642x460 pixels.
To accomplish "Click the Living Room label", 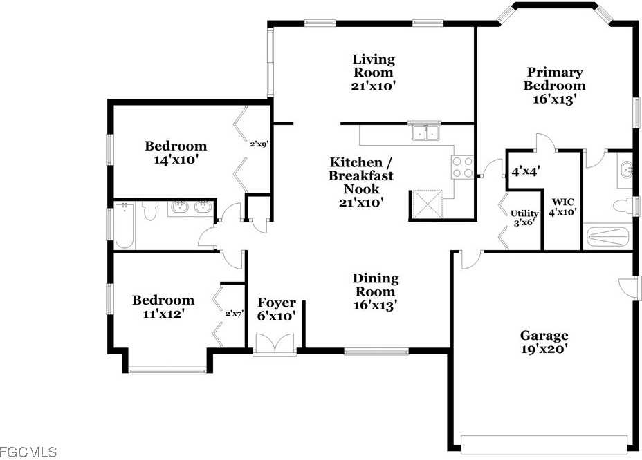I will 374,73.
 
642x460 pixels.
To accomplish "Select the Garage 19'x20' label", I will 544,343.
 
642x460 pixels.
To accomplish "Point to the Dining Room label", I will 376,290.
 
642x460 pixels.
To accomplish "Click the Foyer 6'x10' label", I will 277,309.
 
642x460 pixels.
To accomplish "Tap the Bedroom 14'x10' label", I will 175,153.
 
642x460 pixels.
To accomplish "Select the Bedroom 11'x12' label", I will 163,307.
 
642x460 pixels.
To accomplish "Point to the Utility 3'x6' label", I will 523,218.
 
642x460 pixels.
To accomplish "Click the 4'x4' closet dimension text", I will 525,170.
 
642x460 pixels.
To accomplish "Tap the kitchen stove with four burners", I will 462,166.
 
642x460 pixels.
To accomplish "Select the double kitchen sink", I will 425,131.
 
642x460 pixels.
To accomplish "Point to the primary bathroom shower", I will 608,236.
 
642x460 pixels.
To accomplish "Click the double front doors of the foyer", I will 275,343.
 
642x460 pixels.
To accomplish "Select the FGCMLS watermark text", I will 28,452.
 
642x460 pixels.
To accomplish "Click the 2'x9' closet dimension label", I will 259,145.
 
